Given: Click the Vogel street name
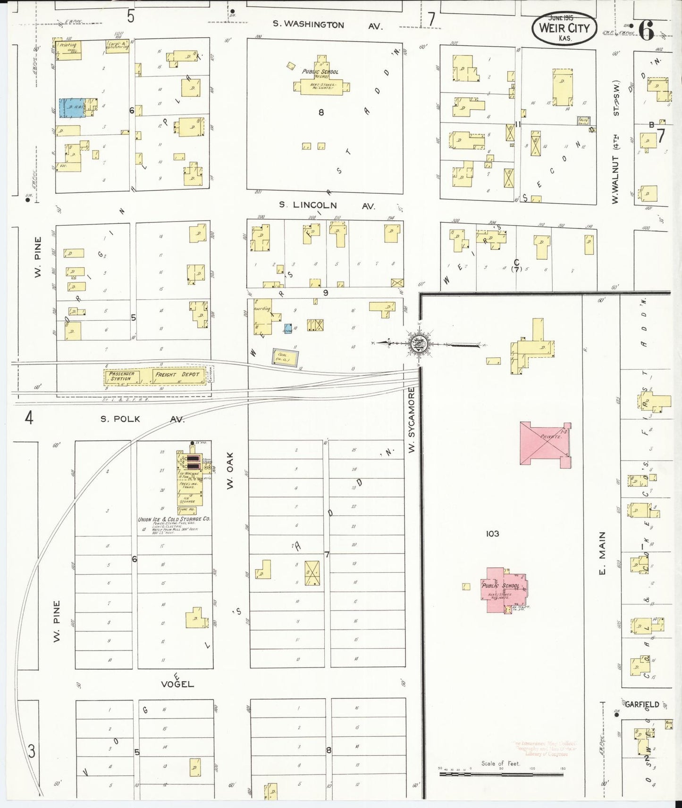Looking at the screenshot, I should [x=178, y=684].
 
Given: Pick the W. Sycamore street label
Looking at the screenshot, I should [x=412, y=420].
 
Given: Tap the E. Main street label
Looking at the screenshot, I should [x=602, y=554].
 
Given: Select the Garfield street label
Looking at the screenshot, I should [x=641, y=704].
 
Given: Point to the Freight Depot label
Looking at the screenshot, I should [x=177, y=375].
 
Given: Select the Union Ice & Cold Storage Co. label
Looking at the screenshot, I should [x=174, y=519].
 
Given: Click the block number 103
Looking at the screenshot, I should [x=492, y=534].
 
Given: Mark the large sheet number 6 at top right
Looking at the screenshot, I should [x=646, y=30].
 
